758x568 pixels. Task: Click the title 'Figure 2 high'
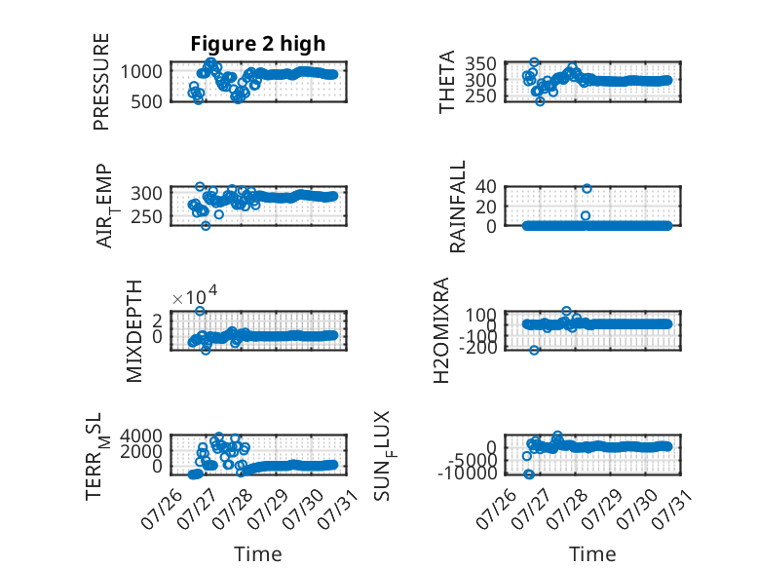pos(257,44)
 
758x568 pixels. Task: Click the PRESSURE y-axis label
pos(101,82)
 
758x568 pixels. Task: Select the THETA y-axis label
pos(447,82)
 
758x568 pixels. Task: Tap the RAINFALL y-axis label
pos(457,207)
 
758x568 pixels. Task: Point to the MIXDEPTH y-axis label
pos(133,331)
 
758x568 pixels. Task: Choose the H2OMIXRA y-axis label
pos(441,330)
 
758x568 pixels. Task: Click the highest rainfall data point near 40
pos(587,189)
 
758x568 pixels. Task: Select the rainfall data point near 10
pos(586,215)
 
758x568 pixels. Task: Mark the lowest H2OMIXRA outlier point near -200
pos(534,350)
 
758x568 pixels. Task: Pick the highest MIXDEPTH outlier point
pos(200,311)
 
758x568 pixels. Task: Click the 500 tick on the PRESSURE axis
pos(146,102)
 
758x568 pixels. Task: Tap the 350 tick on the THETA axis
pos(481,63)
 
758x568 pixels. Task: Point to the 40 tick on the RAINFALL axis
pos(486,186)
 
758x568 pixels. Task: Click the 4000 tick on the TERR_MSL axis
pos(141,435)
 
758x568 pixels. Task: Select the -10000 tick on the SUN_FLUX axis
pos(468,473)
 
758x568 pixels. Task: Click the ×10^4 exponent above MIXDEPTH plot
pos(195,295)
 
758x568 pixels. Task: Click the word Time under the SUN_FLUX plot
pos(592,554)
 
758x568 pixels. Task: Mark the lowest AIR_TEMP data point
pos(206,225)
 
